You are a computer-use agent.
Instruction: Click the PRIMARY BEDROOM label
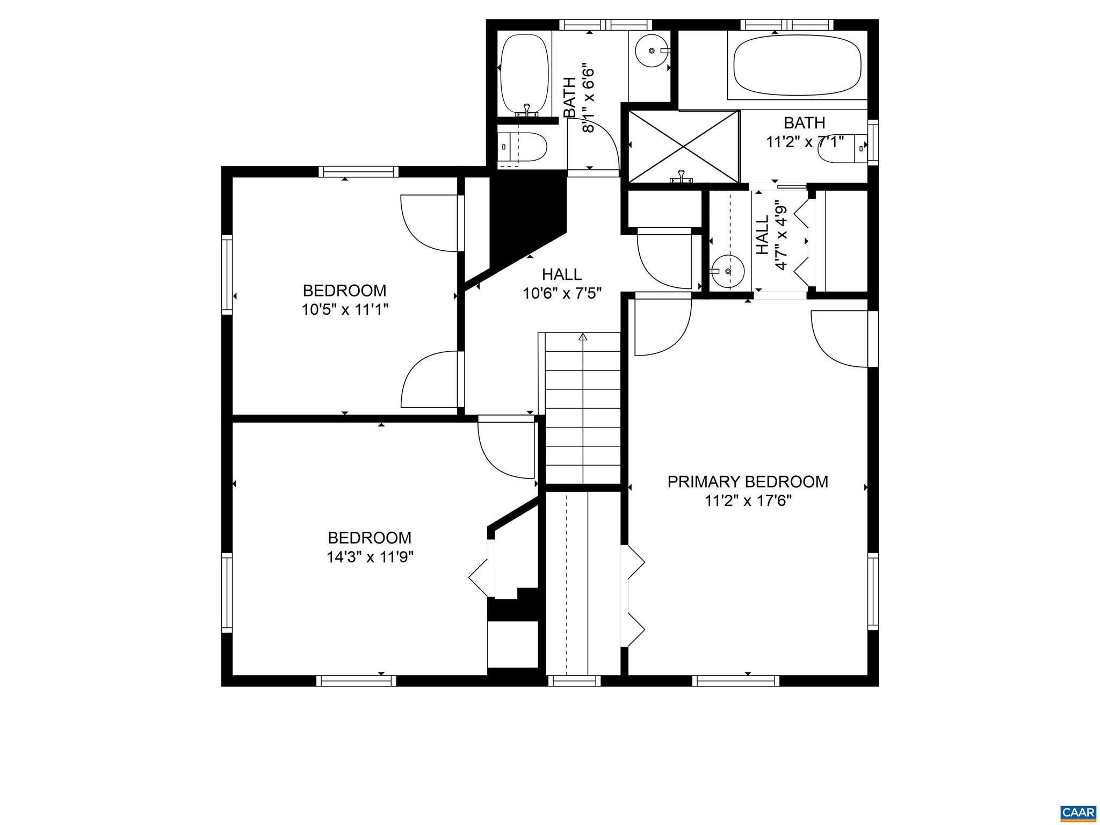click(748, 482)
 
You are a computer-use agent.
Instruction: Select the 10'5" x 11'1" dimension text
click(344, 310)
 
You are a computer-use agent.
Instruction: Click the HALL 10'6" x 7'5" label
click(562, 284)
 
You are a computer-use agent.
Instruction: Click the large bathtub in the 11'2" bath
click(797, 66)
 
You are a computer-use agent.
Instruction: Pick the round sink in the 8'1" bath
click(652, 50)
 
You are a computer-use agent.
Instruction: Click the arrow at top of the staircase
click(583, 338)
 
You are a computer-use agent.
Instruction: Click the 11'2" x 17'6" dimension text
click(748, 501)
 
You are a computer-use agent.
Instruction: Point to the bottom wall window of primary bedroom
click(735, 681)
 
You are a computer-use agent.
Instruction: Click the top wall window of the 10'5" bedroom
click(358, 172)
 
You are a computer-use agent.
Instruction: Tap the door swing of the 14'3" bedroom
click(505, 450)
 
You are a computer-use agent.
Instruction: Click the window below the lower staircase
click(574, 681)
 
